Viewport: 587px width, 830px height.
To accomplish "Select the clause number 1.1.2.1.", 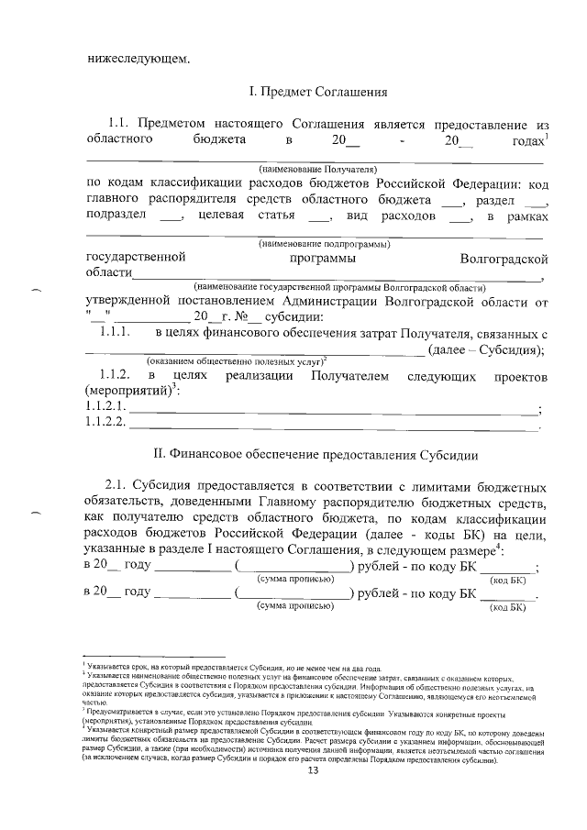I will point(105,404).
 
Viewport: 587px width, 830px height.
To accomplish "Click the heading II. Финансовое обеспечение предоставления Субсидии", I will point(318,456).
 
